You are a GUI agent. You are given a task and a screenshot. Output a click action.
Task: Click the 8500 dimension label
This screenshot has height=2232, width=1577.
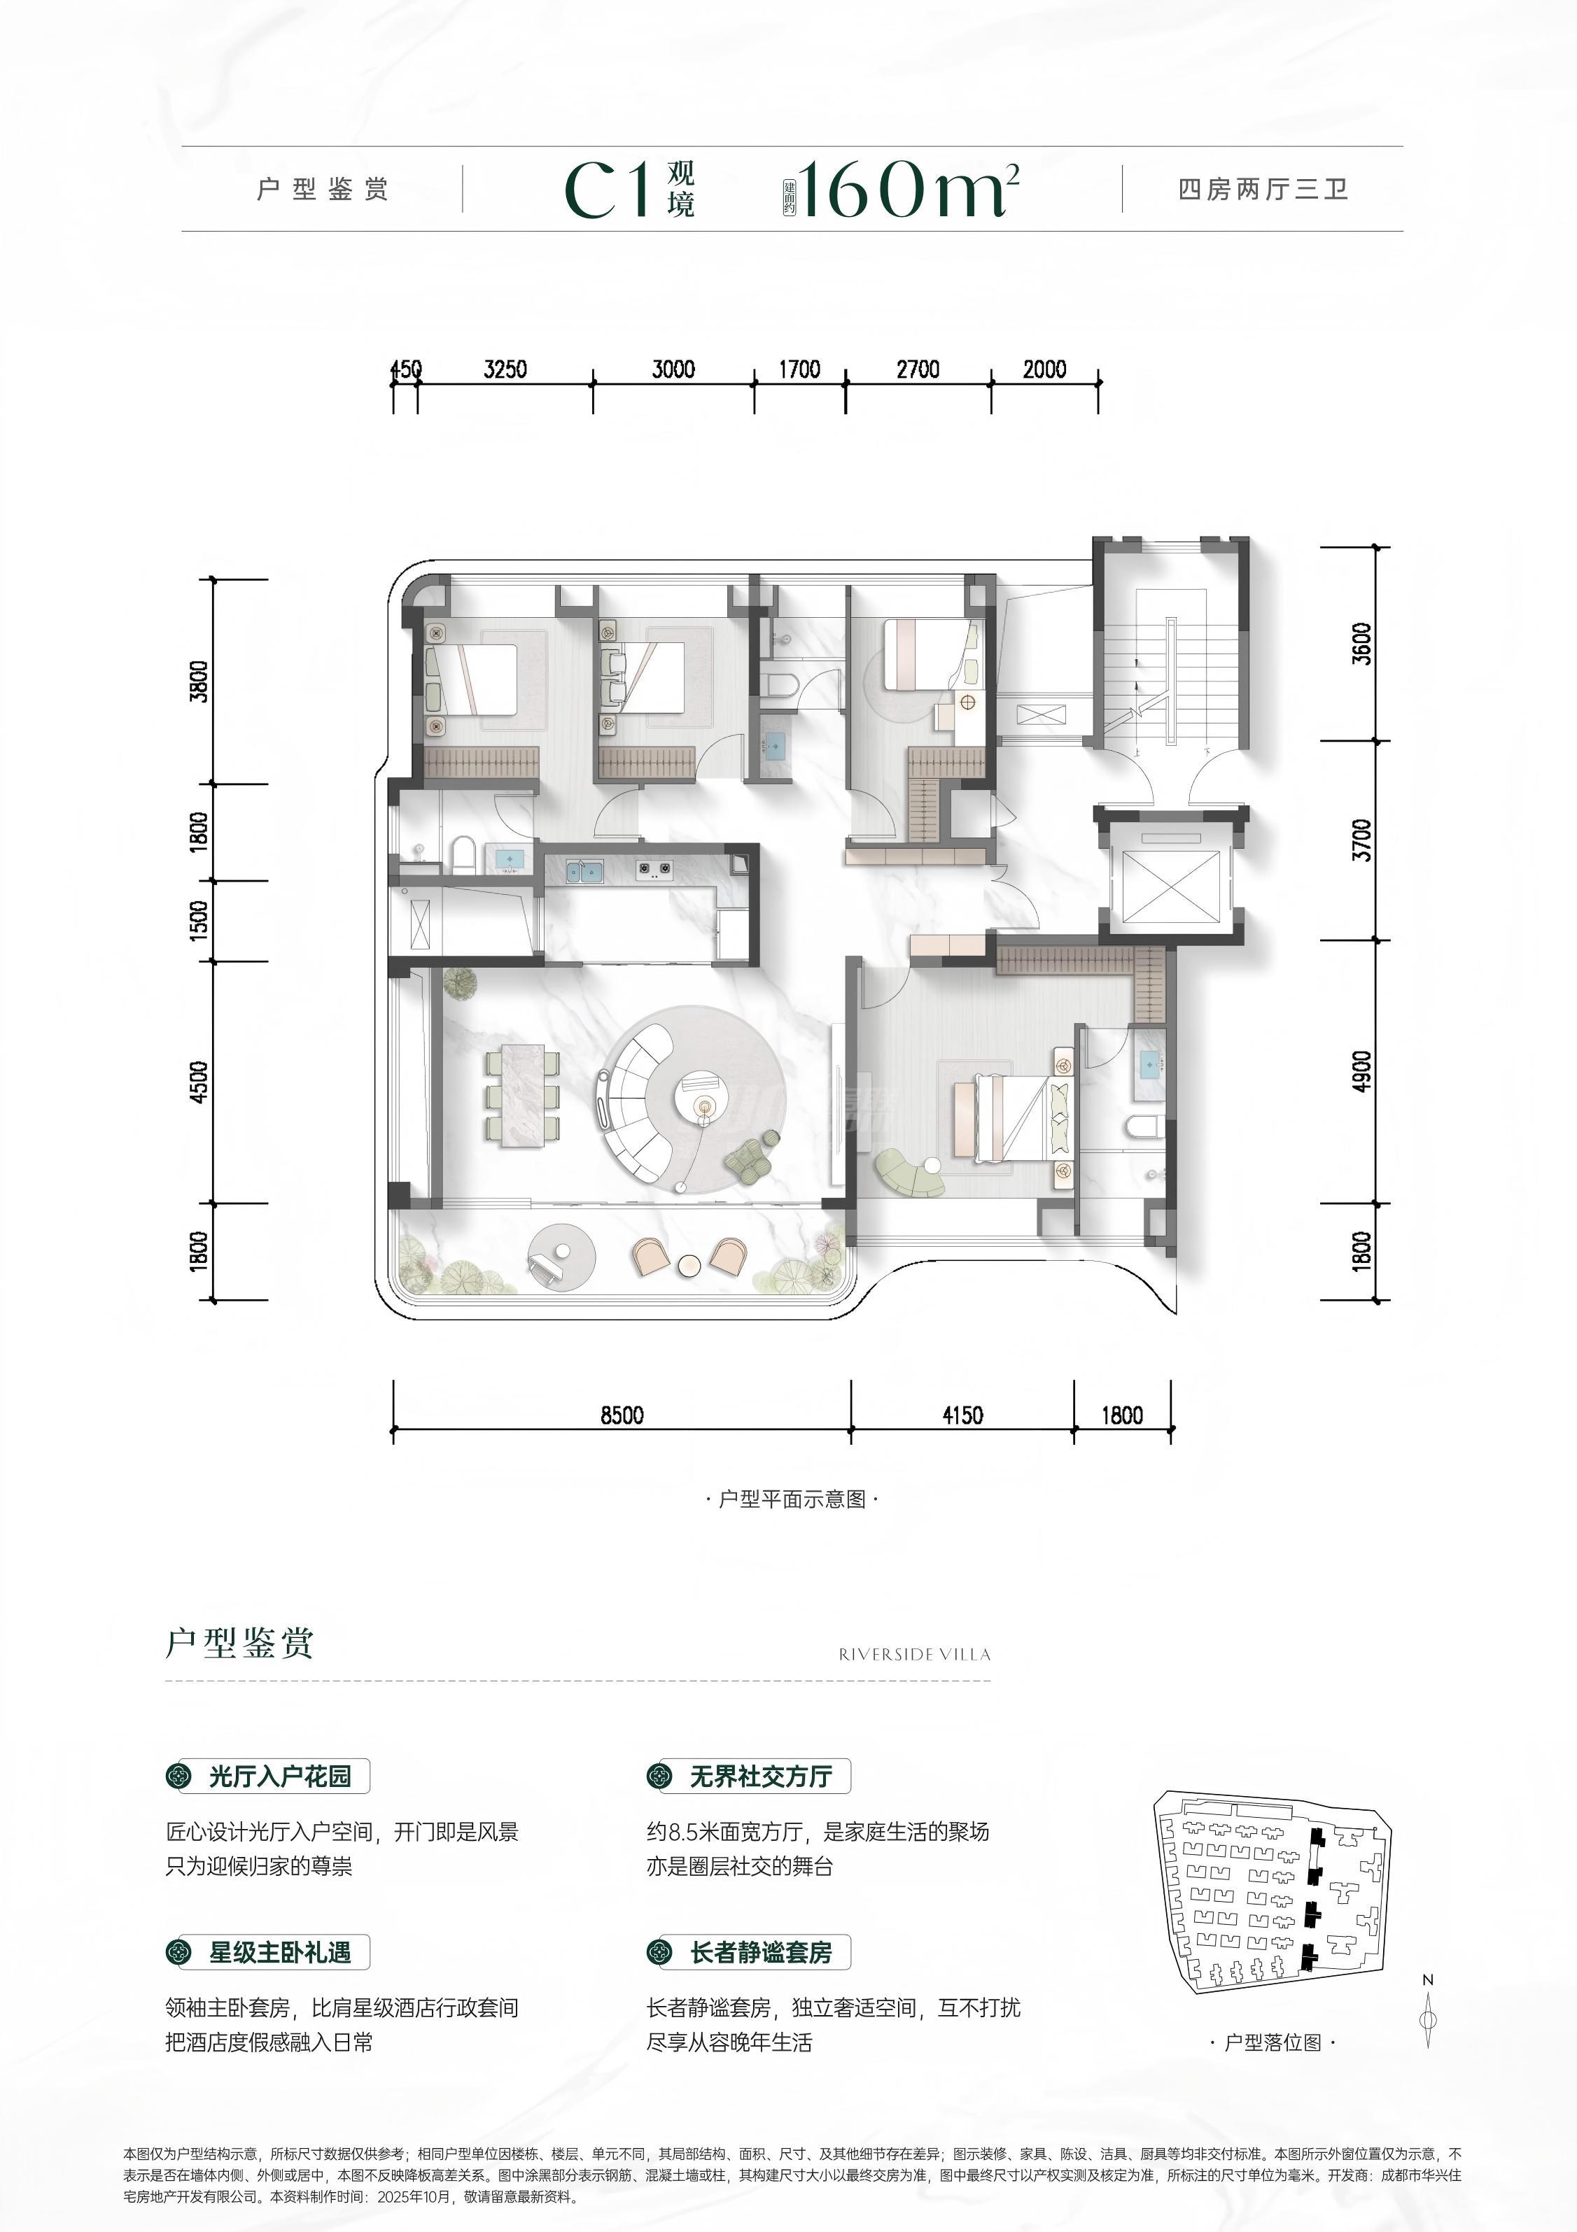pyautogui.click(x=622, y=1415)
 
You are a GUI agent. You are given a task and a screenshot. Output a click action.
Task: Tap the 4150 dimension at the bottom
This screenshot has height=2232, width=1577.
pyautogui.click(x=962, y=1415)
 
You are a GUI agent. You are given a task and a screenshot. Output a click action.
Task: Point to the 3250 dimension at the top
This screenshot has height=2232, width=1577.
pyautogui.click(x=505, y=369)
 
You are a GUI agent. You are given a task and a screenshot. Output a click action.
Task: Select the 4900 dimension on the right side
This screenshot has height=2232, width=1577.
pyautogui.click(x=1361, y=1071)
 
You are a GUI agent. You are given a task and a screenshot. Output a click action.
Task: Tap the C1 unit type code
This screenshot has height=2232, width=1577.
pyautogui.click(x=608, y=190)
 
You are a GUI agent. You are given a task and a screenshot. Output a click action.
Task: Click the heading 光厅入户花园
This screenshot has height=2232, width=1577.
pyautogui.click(x=280, y=1778)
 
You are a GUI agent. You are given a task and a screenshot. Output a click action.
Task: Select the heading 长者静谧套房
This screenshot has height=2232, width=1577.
pyautogui.click(x=762, y=1953)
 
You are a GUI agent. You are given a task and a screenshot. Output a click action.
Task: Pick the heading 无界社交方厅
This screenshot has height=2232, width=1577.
pyautogui.click(x=762, y=1778)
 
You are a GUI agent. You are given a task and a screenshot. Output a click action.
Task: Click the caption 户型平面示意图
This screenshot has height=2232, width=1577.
pyautogui.click(x=792, y=1499)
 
